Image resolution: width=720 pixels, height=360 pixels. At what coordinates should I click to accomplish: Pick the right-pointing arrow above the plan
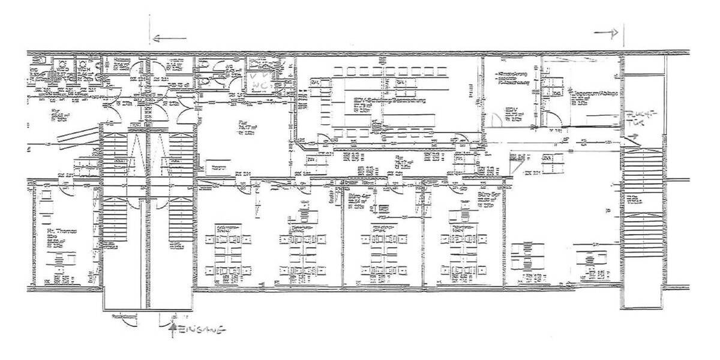(x=605, y=34)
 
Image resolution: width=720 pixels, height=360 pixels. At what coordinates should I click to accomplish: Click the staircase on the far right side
(x=642, y=204)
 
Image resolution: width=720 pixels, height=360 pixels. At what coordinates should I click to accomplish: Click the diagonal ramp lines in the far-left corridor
(x=75, y=135)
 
